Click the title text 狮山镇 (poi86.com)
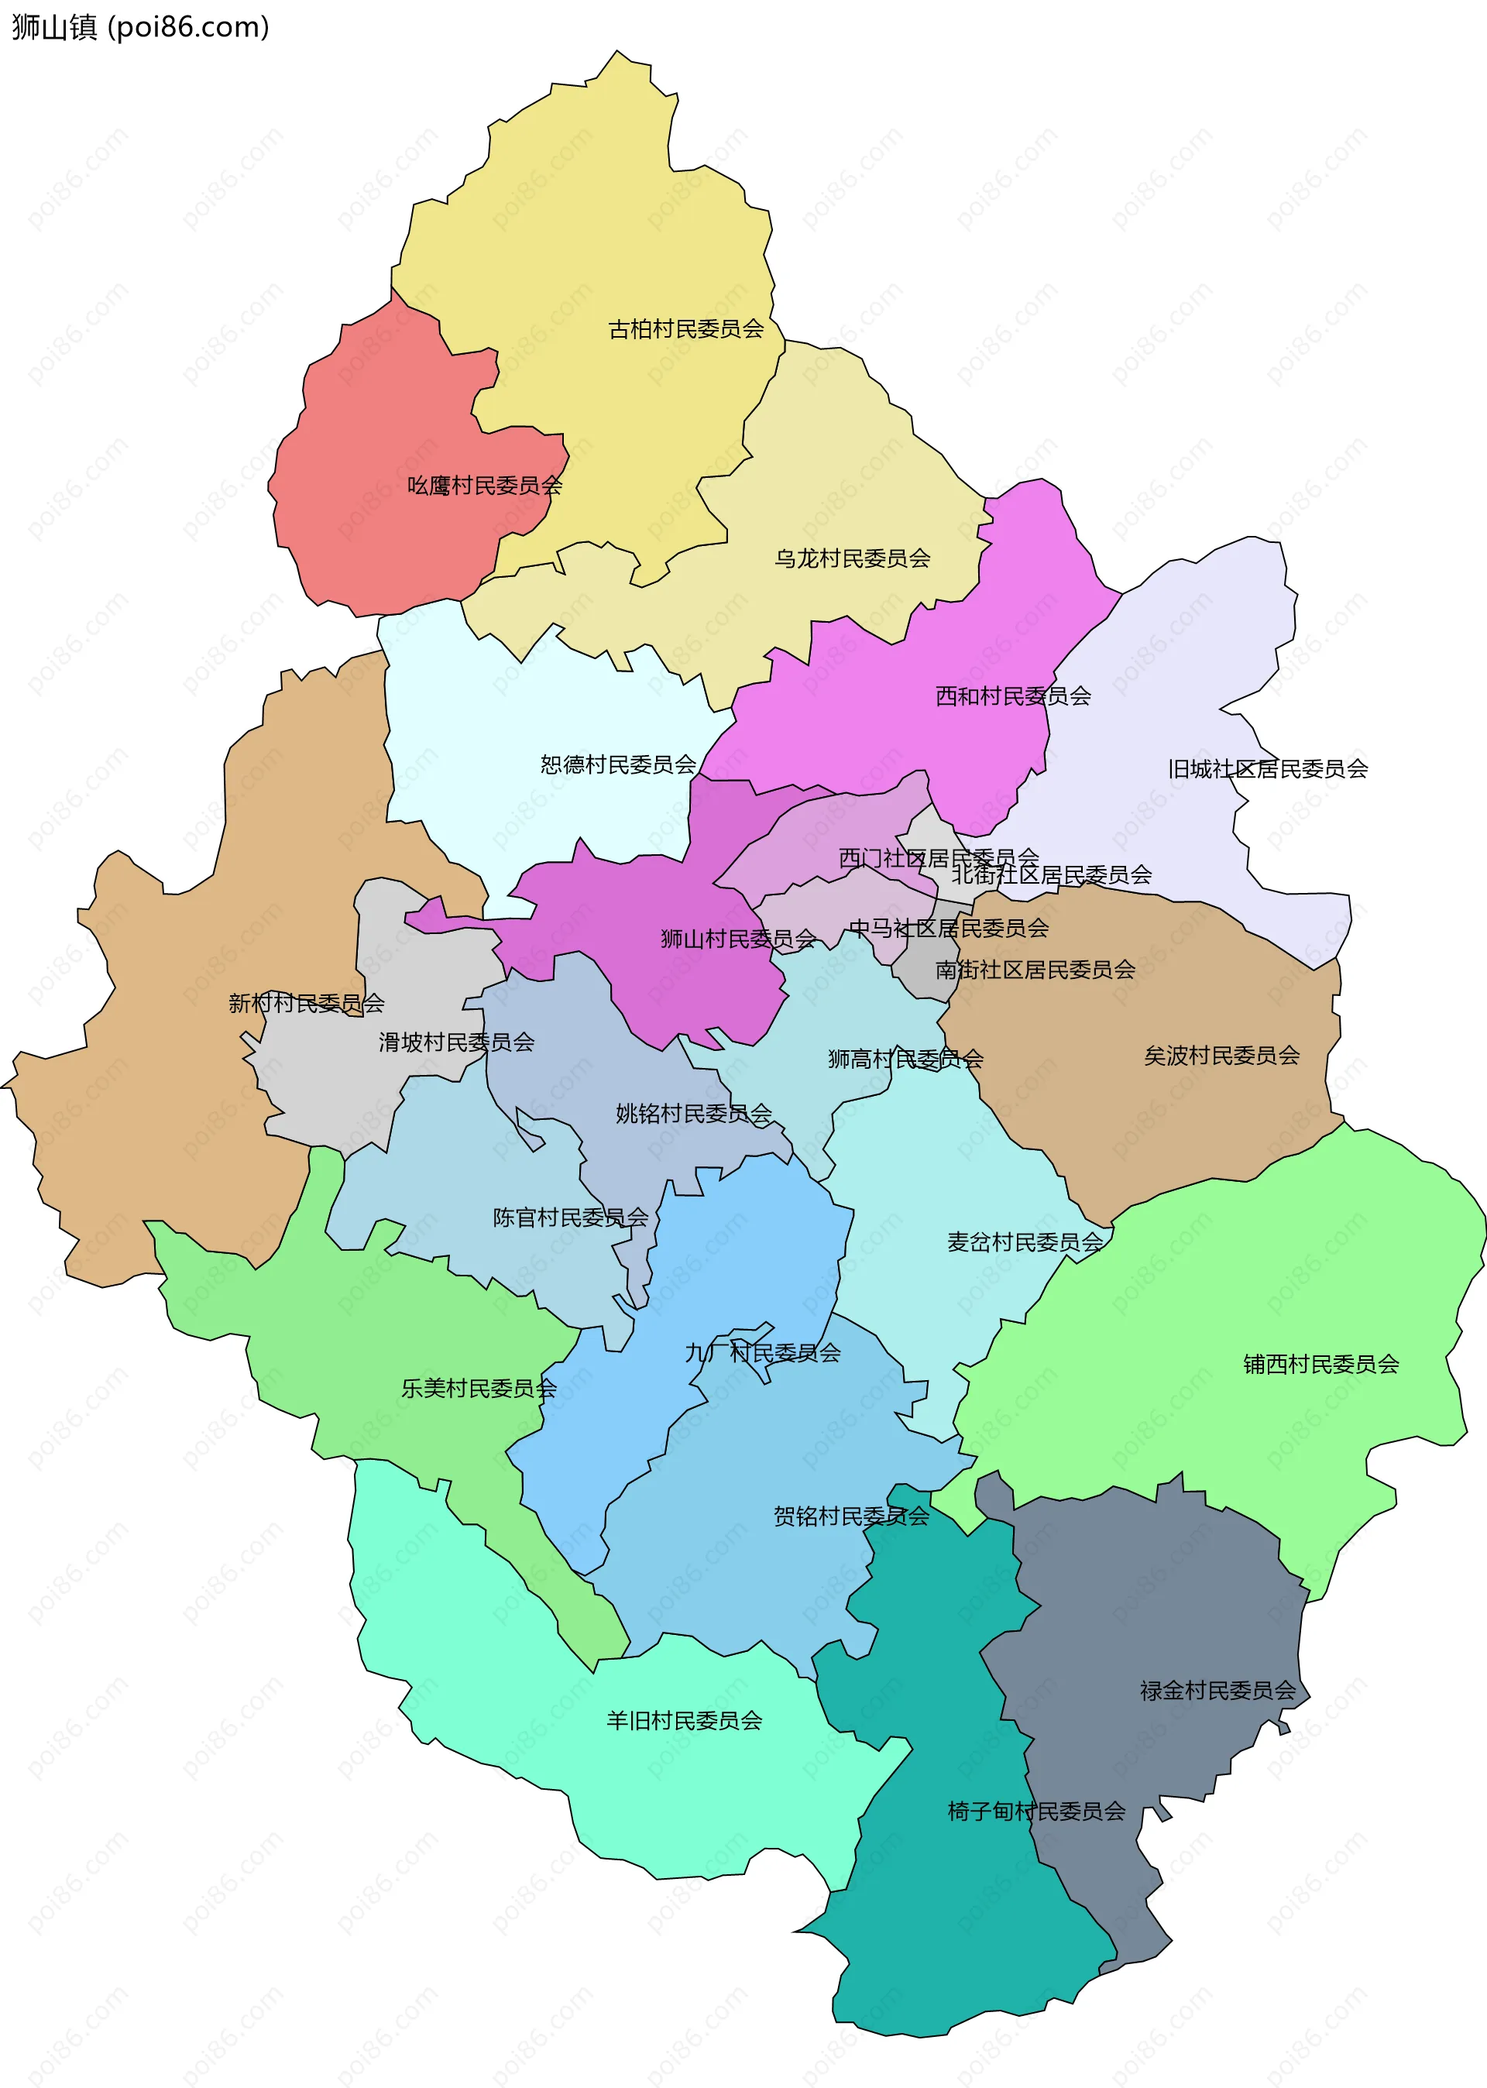pos(140,27)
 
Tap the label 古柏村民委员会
pos(686,328)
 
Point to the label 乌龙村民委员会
pos(852,558)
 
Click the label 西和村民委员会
pos(1013,695)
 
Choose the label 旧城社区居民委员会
pos(1267,768)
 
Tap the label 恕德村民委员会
pos(618,764)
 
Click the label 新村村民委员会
pos(306,1002)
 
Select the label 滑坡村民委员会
pos(456,1041)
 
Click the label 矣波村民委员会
pos(1221,1056)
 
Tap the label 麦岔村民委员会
pos(1025,1241)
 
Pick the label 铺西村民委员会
pos(1320,1363)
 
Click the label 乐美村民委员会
pos(478,1388)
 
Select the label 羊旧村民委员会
pos(684,1720)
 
